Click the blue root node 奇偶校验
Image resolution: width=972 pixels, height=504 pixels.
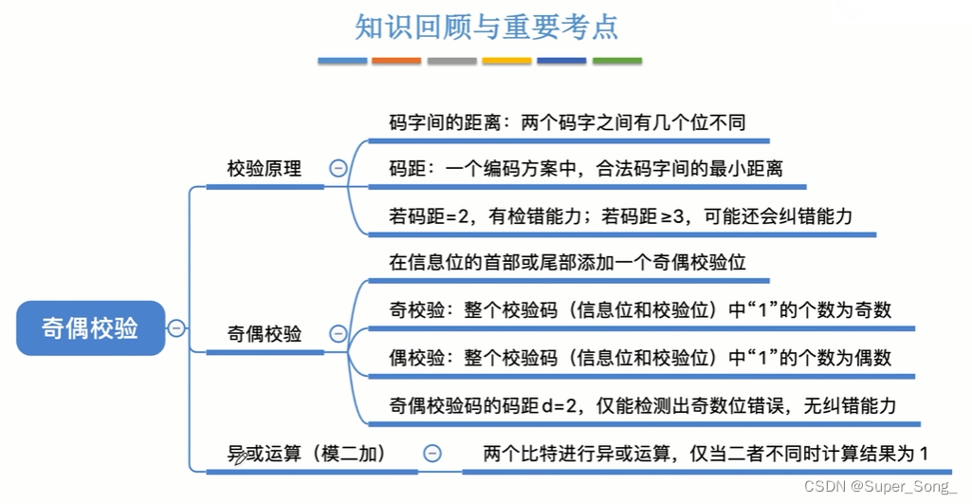coord(90,327)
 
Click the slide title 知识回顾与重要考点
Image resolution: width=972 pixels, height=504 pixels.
coord(486,26)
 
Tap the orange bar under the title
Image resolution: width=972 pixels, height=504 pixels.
coord(396,62)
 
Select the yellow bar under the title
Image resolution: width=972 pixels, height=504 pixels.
coord(506,62)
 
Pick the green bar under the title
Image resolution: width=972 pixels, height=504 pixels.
coord(616,62)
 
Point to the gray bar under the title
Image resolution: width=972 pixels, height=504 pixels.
coord(451,62)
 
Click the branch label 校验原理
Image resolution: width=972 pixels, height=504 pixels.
coord(265,169)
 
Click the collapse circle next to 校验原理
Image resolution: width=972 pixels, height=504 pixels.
coord(338,169)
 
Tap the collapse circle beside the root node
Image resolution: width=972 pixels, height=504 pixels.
coord(176,328)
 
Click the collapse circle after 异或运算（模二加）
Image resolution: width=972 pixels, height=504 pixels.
coord(432,454)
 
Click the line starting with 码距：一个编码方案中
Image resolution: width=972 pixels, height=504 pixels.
coord(585,169)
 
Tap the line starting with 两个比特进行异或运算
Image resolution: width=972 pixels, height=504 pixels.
coord(705,454)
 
